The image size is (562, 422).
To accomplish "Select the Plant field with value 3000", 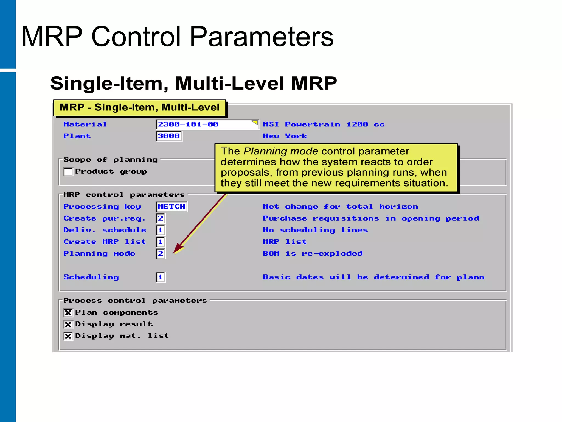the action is tap(169, 136).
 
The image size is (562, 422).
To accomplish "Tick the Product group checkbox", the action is tap(68, 172).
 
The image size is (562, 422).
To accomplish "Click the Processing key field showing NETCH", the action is tap(172, 207).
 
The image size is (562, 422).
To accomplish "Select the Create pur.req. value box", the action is tap(161, 218).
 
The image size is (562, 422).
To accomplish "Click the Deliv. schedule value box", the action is tap(161, 230).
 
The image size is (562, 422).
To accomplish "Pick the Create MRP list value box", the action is tap(161, 242).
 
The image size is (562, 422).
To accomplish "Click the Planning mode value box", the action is tap(161, 254).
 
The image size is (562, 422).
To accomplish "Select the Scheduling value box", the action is tap(161, 277).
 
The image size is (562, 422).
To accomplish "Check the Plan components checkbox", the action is tap(68, 313).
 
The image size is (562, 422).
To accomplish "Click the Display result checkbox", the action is tap(68, 324).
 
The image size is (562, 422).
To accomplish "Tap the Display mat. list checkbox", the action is tap(68, 336).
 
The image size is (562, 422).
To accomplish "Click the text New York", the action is tap(285, 136).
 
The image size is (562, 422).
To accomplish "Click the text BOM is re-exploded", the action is tap(313, 254).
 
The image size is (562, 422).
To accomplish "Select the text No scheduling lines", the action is tap(315, 230).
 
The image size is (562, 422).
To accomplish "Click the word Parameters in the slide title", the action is tap(261, 37).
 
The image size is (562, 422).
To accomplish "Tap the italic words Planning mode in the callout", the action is tap(280, 151).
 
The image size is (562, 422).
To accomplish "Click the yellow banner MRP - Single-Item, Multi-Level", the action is tap(139, 107).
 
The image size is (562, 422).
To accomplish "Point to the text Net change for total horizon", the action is tap(340, 207).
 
